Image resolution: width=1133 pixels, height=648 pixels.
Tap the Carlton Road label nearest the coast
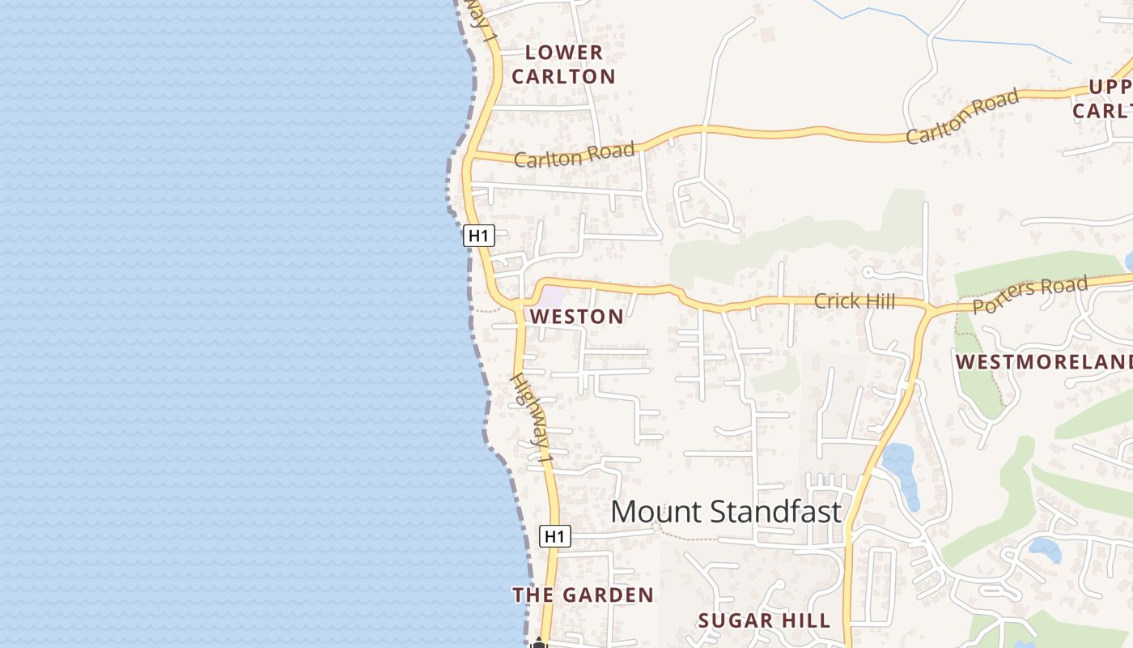coord(574,155)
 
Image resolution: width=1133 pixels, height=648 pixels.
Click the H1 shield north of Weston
coord(479,236)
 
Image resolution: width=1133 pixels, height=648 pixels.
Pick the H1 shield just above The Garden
coord(555,536)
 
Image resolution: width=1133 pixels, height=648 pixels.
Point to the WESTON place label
coord(576,317)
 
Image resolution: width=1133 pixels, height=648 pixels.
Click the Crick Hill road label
coord(854,301)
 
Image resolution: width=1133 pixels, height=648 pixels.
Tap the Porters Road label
coord(1029,296)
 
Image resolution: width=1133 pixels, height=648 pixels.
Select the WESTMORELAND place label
coord(1044,361)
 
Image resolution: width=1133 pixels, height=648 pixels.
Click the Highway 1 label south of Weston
coord(533,419)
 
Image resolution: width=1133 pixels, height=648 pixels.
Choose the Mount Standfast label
coord(726,512)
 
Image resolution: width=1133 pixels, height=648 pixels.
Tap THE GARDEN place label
coord(583,595)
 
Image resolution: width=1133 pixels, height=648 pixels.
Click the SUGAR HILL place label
coord(764,621)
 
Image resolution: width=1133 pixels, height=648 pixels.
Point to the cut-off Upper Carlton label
coord(1102,98)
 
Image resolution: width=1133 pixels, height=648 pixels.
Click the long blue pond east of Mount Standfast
coord(902,474)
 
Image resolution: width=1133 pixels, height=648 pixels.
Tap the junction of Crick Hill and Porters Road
coord(929,309)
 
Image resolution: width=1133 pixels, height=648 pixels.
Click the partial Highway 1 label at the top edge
coord(482,20)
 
